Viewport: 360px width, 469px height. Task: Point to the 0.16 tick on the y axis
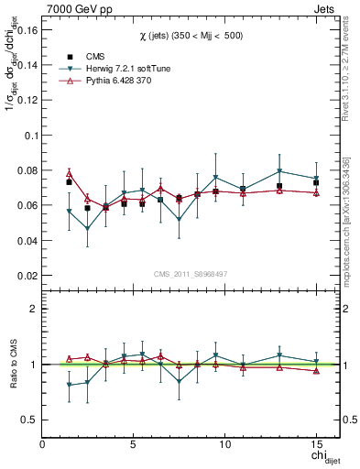tap(26, 30)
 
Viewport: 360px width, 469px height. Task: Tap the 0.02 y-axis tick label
tap(26, 276)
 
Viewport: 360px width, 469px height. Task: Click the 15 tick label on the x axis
tap(315, 444)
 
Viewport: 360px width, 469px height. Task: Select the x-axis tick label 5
tap(134, 444)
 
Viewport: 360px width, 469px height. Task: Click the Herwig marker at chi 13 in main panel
tap(279, 171)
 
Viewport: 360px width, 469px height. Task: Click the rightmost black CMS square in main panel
tap(316, 182)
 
